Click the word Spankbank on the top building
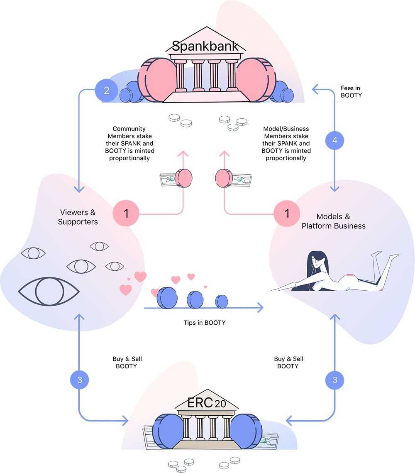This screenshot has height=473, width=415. click(205, 46)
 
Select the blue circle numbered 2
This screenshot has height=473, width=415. click(107, 90)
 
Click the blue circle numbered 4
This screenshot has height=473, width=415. click(334, 140)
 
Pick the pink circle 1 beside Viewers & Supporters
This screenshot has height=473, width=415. click(126, 214)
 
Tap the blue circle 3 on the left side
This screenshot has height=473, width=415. click(80, 380)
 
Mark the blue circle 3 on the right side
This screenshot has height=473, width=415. click(334, 380)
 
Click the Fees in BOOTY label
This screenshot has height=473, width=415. click(351, 91)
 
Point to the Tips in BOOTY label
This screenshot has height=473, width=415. click(205, 322)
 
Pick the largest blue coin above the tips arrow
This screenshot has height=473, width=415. click(167, 298)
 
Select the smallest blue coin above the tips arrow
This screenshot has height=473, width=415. click(222, 301)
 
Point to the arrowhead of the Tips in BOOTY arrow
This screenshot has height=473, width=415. click(261, 308)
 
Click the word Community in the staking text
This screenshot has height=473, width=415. click(129, 129)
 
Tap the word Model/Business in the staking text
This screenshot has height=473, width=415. click(286, 129)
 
